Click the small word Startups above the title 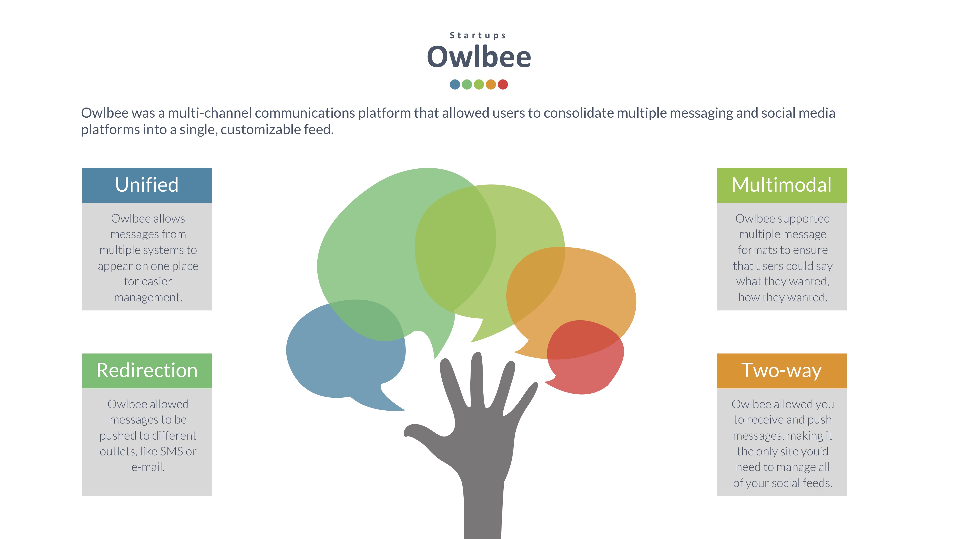point(478,35)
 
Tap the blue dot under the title point(455,84)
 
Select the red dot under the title point(503,84)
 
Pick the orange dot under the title point(491,84)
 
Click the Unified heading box point(147,185)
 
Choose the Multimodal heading point(781,185)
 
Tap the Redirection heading point(147,371)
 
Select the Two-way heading point(781,371)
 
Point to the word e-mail point(148,467)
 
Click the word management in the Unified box point(148,298)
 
